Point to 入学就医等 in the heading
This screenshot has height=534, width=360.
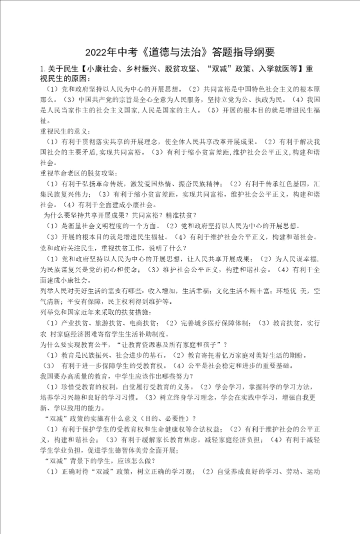pos(282,69)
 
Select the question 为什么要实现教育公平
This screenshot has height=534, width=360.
pos(77,344)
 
